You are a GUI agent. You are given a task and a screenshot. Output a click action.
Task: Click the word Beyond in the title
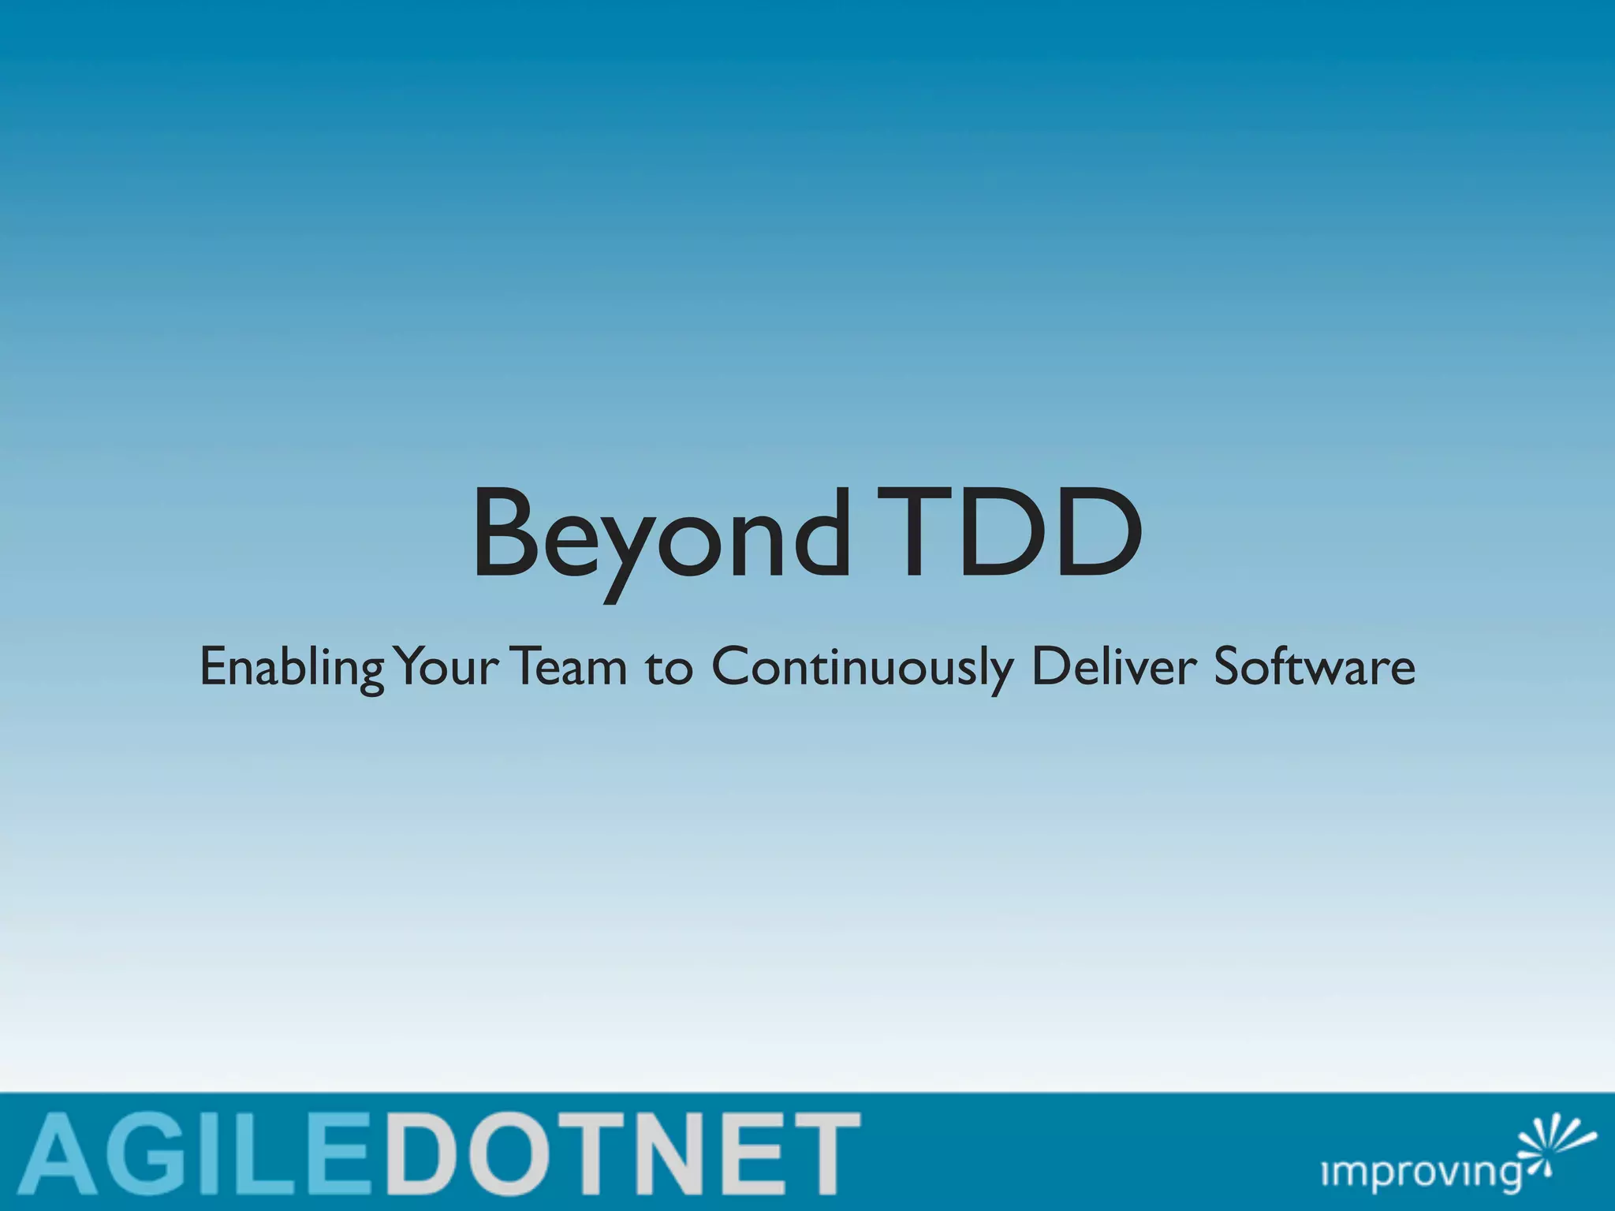click(x=661, y=536)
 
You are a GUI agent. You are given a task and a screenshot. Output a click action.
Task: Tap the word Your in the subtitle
click(x=446, y=666)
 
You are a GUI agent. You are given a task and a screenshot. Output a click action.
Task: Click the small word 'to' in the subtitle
click(x=669, y=669)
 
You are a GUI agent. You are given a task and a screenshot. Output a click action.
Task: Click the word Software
click(x=1314, y=666)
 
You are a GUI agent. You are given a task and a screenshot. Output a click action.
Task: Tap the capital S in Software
click(x=1230, y=666)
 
